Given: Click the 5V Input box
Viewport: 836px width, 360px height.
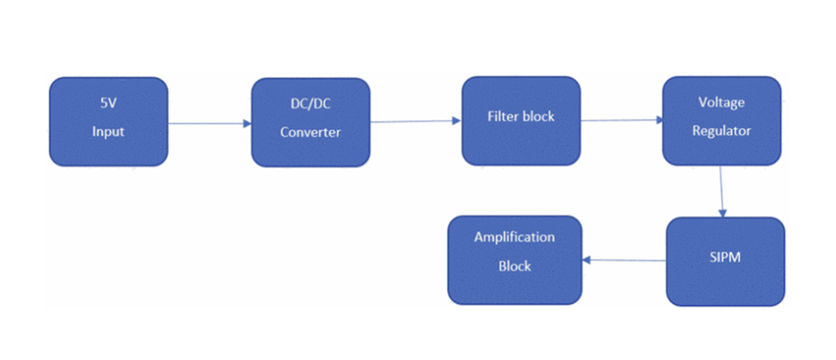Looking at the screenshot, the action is (109, 122).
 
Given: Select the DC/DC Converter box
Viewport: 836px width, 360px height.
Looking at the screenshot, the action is (311, 122).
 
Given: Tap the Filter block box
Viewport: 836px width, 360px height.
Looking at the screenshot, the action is (521, 121).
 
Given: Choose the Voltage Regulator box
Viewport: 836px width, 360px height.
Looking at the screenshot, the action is (722, 121).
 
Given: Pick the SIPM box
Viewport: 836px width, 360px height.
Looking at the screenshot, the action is (725, 261).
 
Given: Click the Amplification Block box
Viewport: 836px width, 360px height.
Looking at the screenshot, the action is (515, 261).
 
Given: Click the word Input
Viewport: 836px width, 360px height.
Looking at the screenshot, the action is (108, 131).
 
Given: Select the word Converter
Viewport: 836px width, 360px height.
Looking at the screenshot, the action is (310, 132).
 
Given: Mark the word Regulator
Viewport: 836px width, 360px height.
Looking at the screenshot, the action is (721, 130).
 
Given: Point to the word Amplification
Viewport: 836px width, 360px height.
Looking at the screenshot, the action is (514, 237).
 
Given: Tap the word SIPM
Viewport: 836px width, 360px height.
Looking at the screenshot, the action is (725, 258).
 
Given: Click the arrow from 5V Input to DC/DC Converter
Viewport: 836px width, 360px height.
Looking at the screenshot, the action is (209, 123).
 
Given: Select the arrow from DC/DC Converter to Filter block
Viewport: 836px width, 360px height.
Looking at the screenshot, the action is (415, 122).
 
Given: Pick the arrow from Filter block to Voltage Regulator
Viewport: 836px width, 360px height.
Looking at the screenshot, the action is (622, 120).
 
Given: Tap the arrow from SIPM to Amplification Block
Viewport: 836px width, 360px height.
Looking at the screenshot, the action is (624, 261).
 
